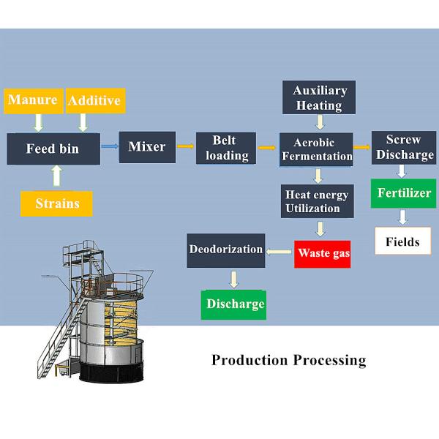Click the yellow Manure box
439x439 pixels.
[x=32, y=100]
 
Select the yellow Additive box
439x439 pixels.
[x=94, y=100]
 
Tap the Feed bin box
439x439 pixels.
[x=53, y=149]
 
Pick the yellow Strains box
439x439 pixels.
[x=56, y=203]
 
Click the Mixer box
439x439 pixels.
[x=147, y=147]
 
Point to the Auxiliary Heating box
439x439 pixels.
[x=318, y=98]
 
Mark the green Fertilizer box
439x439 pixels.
[x=402, y=194]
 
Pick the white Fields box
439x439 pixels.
[x=402, y=241]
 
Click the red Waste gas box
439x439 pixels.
[x=323, y=253]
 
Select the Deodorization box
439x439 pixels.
[x=225, y=249]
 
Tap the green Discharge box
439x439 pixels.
[x=234, y=304]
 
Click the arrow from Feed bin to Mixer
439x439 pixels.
[x=109, y=147]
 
